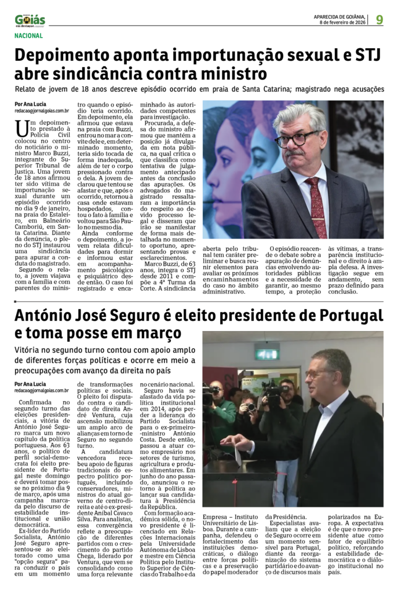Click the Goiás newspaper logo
click(x=30, y=20)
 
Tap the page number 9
click(x=379, y=19)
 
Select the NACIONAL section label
click(x=29, y=36)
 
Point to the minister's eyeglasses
click(x=297, y=139)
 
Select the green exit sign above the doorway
click(x=267, y=354)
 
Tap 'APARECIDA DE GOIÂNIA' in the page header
click(x=339, y=16)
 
